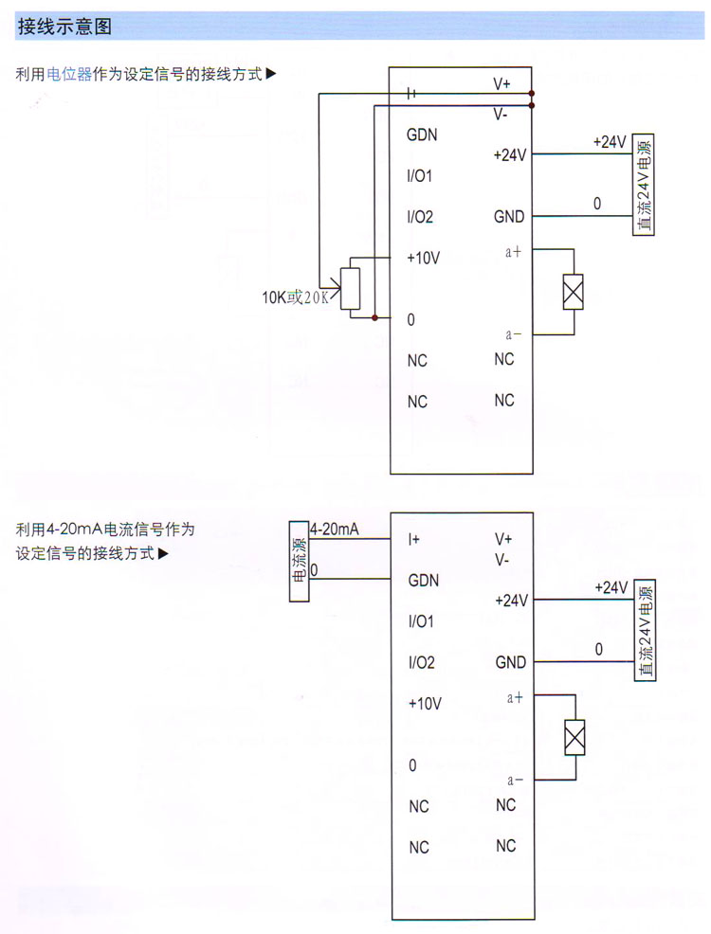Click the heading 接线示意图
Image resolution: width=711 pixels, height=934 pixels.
click(65, 27)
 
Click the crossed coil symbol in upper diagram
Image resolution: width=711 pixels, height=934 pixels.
click(573, 292)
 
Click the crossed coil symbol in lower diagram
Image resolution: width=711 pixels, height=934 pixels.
click(574, 737)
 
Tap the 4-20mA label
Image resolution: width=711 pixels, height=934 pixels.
click(334, 530)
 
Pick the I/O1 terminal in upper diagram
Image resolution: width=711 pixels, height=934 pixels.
click(420, 176)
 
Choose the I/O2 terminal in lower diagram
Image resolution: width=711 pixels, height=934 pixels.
click(421, 662)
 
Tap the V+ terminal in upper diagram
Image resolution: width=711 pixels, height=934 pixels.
click(501, 84)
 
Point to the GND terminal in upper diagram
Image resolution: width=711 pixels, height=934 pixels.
click(509, 217)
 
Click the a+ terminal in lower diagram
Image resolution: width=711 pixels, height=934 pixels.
click(516, 698)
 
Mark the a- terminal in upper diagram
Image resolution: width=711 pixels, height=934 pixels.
click(515, 333)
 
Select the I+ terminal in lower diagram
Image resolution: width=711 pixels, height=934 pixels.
click(414, 539)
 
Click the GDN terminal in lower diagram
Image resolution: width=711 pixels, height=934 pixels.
click(423, 580)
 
